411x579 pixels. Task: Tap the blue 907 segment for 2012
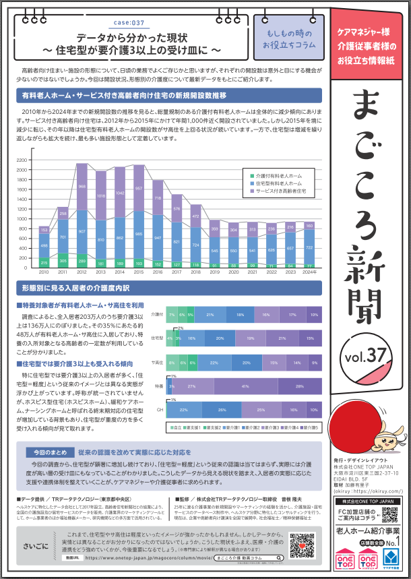[82, 231]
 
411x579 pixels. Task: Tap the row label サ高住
[158, 363]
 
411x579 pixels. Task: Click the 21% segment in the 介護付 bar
[210, 314]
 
